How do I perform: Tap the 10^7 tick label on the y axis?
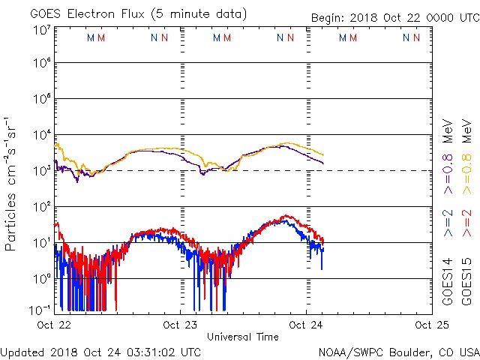42,31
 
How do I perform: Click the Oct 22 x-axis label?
54,325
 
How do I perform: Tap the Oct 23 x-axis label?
180,325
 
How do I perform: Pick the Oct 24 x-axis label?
306,325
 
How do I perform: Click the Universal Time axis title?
242,337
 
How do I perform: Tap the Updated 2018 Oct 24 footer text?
100,351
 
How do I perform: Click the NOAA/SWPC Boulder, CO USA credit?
398,351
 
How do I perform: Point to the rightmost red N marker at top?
416,37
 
